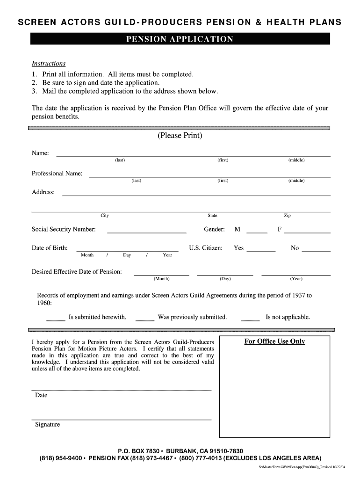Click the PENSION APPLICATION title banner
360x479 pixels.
180,39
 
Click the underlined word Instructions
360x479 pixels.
48,64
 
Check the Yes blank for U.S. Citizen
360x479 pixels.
261,250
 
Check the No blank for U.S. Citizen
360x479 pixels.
316,250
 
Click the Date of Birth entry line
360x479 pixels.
127,249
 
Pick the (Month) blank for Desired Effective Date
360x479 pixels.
161,273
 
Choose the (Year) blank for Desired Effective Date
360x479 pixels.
295,273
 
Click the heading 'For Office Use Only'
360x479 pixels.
274,341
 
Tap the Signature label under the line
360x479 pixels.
47,425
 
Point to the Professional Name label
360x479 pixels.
57,174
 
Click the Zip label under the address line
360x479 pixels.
287,216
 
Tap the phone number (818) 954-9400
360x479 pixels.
61,458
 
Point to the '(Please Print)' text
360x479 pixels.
180,136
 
